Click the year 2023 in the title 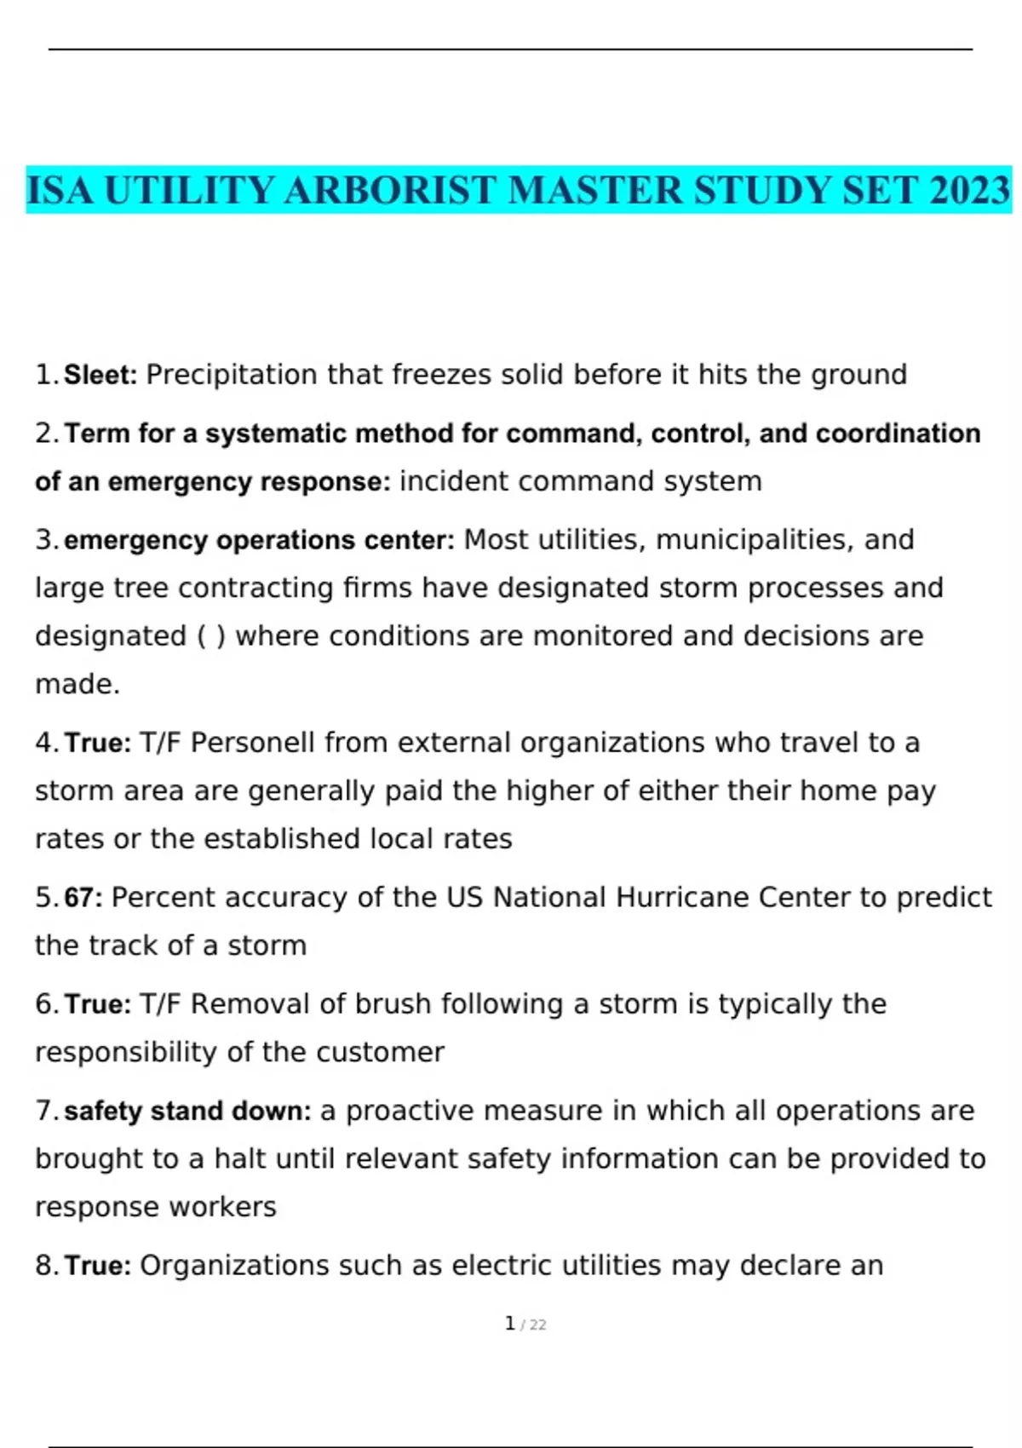[x=969, y=190]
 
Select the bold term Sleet [x=100, y=375]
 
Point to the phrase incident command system [x=581, y=481]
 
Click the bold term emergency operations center [x=259, y=540]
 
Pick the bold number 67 [x=82, y=898]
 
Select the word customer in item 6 [x=380, y=1053]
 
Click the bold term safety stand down [x=187, y=1112]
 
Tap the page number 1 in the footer [x=509, y=1324]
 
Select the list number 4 [x=44, y=743]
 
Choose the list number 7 [x=44, y=1112]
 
